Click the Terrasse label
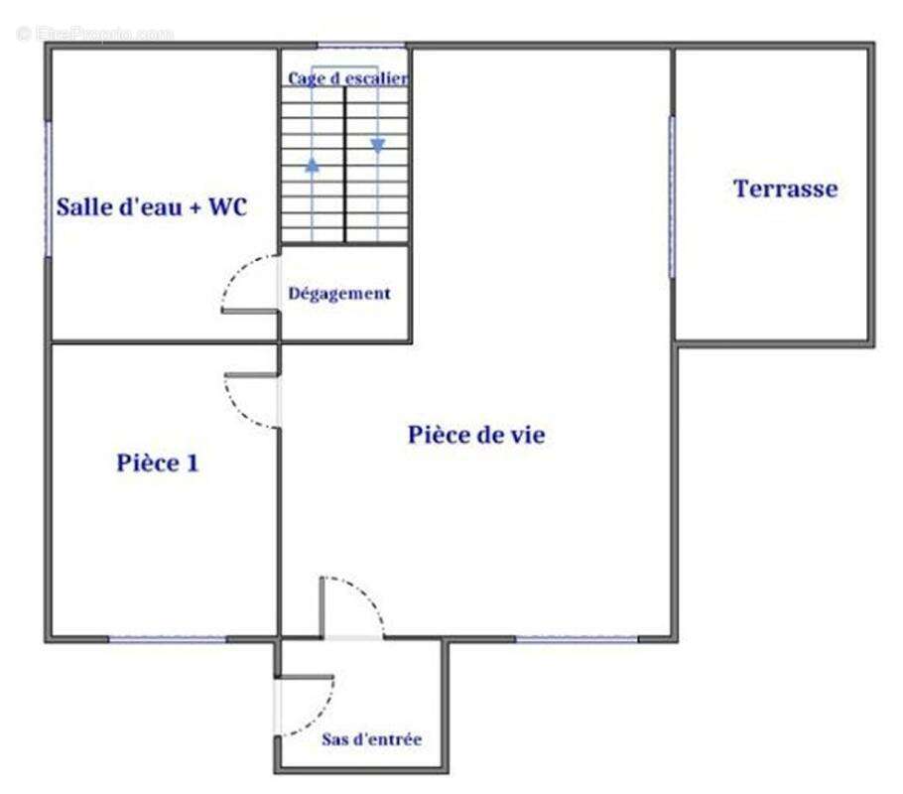(x=786, y=189)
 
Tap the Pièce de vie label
(x=476, y=435)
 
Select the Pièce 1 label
(x=157, y=463)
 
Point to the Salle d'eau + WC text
(x=152, y=206)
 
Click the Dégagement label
(x=339, y=294)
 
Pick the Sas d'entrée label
(x=371, y=738)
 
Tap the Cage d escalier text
(x=348, y=78)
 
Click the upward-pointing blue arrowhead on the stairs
(x=313, y=166)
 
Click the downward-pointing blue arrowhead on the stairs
(x=378, y=145)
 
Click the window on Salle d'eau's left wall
(x=49, y=189)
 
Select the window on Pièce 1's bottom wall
(x=168, y=639)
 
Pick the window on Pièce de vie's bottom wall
(x=577, y=638)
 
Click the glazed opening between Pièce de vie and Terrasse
(x=672, y=197)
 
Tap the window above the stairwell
(x=362, y=46)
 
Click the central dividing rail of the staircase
(x=345, y=165)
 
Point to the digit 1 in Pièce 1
(x=192, y=463)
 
